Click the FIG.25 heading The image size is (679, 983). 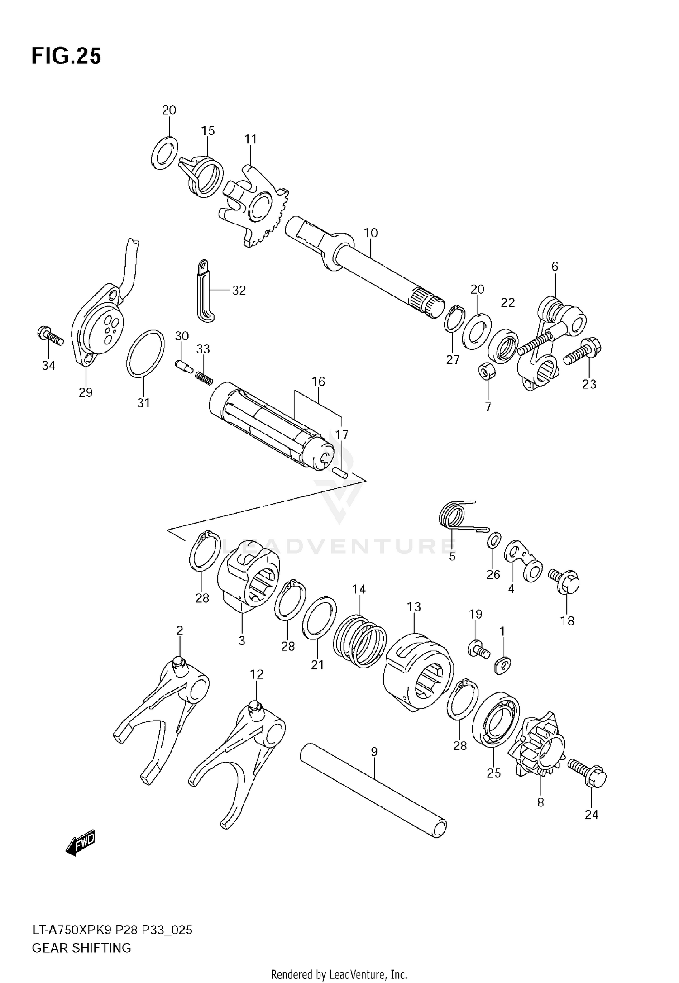[66, 57]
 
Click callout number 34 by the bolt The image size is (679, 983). [48, 365]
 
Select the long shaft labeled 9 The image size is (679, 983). [373, 790]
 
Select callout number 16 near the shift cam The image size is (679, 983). [318, 382]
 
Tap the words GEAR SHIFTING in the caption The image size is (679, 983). [81, 947]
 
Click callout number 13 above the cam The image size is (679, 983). [414, 606]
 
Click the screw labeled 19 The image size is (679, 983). [478, 650]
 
